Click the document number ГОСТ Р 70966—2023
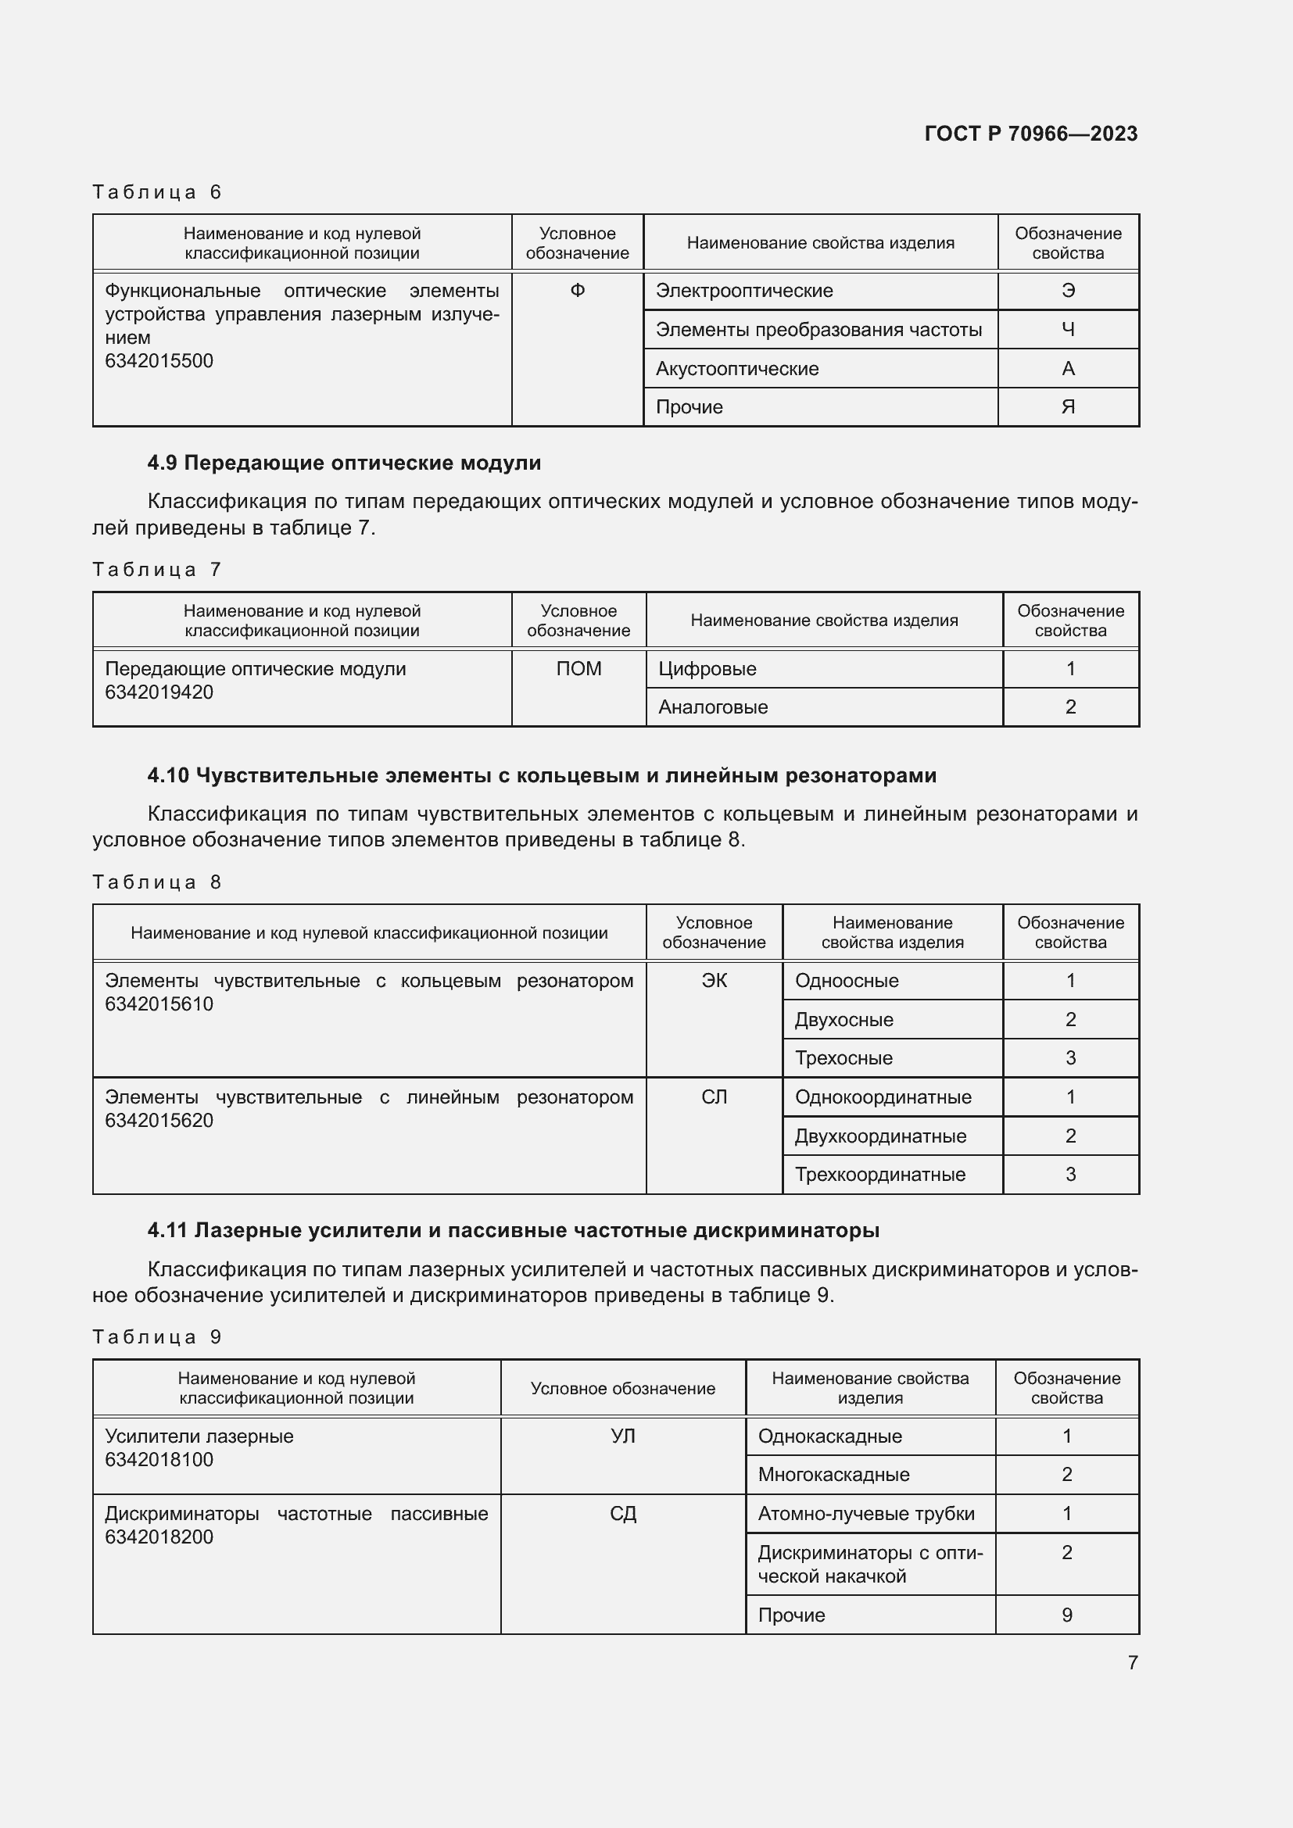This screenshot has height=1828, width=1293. [x=1030, y=134]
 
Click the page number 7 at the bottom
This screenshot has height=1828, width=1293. [x=1132, y=1662]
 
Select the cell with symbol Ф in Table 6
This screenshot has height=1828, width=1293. [x=577, y=291]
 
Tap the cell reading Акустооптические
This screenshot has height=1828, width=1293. [x=736, y=369]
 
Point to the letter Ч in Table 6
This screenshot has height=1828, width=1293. [x=1068, y=330]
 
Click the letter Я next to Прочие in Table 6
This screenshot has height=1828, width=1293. [x=1068, y=407]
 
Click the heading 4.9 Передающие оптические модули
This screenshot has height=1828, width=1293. [x=344, y=463]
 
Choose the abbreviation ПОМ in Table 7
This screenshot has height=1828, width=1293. [x=578, y=669]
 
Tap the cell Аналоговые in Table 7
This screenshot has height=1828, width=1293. [x=713, y=707]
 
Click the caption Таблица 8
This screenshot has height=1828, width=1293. [x=157, y=882]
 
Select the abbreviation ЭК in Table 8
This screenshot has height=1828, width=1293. [x=714, y=981]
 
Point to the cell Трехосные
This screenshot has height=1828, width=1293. [x=843, y=1058]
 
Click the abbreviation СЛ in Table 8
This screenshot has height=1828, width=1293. [x=714, y=1097]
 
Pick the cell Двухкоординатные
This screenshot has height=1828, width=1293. [x=879, y=1136]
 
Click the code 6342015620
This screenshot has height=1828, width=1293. [x=159, y=1120]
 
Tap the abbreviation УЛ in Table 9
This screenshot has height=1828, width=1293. [x=622, y=1436]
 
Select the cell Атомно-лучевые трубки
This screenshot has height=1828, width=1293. [x=865, y=1514]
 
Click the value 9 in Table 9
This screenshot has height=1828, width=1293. [x=1066, y=1615]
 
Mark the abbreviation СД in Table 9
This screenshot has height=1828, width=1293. [x=622, y=1514]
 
